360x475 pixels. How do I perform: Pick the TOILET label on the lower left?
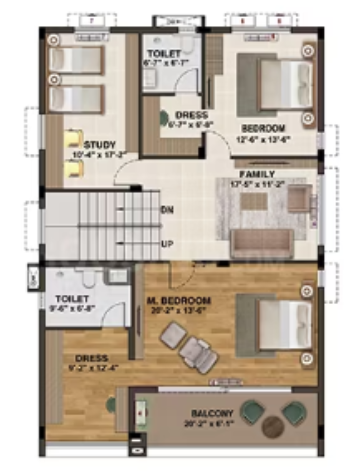[x=72, y=298]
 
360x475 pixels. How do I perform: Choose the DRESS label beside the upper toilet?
[x=191, y=115]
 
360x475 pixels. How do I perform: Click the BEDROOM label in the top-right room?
[x=262, y=129]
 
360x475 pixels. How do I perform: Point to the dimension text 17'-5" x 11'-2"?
[x=258, y=184]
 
